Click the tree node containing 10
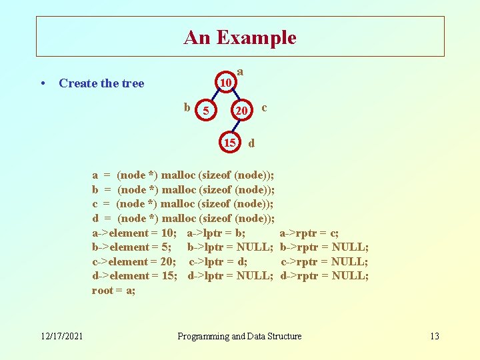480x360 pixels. [226, 83]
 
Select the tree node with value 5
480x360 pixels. [207, 111]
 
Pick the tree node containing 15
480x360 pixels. [229, 143]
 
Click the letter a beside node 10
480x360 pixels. [240, 71]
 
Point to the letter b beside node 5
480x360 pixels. [187, 107]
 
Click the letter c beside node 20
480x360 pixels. [265, 107]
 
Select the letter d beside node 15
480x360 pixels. [251, 143]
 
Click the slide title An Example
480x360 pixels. [240, 37]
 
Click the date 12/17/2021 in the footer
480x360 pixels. [61, 336]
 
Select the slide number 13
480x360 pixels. [434, 336]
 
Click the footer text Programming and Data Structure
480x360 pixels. [239, 336]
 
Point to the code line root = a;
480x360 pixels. [114, 291]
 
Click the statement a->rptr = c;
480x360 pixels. [309, 233]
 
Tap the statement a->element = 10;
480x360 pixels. [134, 233]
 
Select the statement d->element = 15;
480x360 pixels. [134, 276]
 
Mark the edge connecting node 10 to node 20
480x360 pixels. [234, 97]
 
